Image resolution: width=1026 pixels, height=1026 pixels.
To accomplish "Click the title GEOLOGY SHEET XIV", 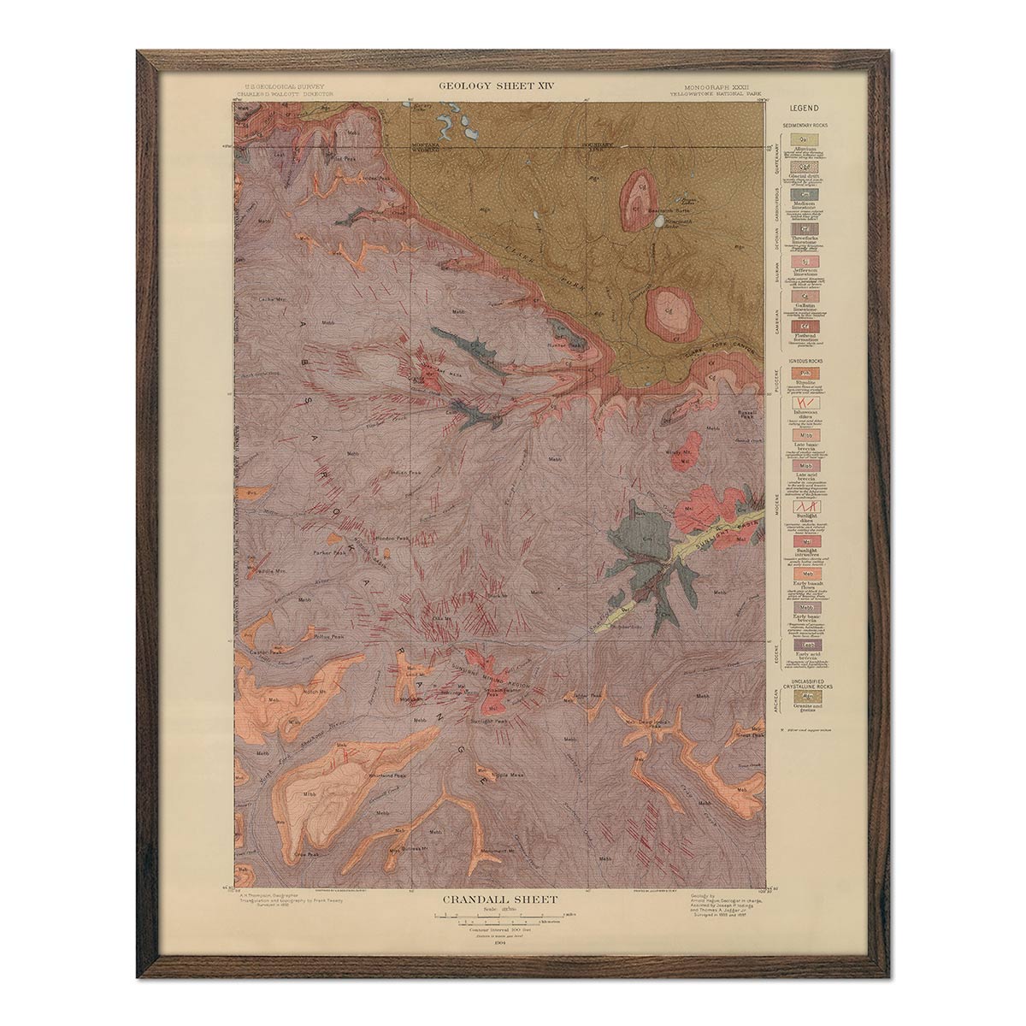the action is tap(492, 85).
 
